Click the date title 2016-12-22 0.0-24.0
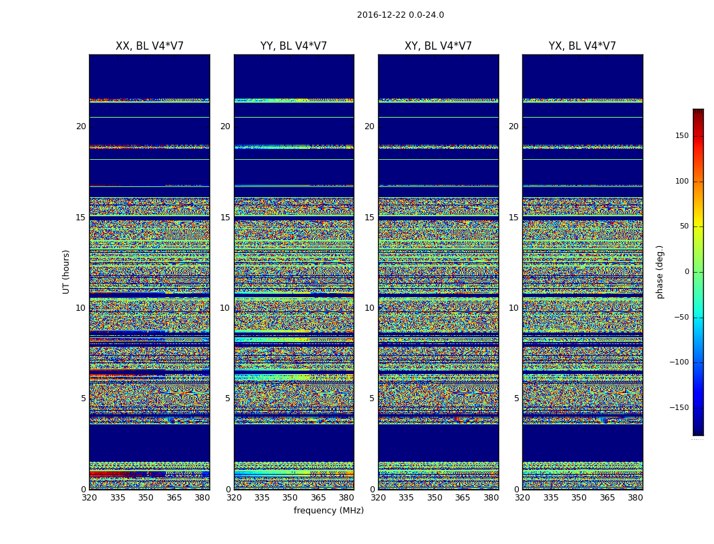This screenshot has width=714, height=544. pyautogui.click(x=400, y=15)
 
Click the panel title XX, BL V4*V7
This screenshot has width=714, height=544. pyautogui.click(x=150, y=46)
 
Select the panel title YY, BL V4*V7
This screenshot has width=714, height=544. pyautogui.click(x=294, y=46)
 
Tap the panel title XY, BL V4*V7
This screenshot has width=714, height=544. pyautogui.click(x=438, y=46)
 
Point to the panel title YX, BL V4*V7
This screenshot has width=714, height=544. pyautogui.click(x=582, y=46)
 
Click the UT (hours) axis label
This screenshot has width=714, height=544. pyautogui.click(x=67, y=271)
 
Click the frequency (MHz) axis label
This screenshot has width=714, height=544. pyautogui.click(x=328, y=511)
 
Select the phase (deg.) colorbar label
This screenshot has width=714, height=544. pyautogui.click(x=660, y=271)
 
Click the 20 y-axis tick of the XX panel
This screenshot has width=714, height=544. pyautogui.click(x=81, y=126)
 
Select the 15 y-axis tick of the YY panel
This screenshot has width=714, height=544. pyautogui.click(x=225, y=218)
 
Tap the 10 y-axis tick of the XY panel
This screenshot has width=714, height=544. pyautogui.click(x=369, y=308)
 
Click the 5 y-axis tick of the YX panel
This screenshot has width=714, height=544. pyautogui.click(x=516, y=398)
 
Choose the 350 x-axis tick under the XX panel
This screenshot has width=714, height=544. pyautogui.click(x=146, y=498)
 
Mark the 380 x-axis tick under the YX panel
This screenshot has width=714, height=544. pyautogui.click(x=635, y=498)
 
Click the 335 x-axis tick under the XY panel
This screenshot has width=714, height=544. pyautogui.click(x=406, y=498)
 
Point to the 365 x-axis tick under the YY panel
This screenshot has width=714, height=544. pyautogui.click(x=318, y=498)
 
